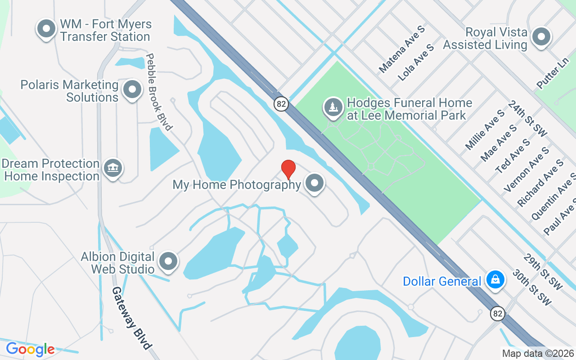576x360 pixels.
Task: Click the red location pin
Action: (x=288, y=169)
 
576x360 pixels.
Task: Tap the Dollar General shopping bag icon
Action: (x=495, y=280)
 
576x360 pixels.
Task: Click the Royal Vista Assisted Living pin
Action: (x=541, y=37)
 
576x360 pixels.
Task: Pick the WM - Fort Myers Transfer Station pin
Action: (x=45, y=29)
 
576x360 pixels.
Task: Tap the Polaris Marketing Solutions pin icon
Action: (x=132, y=90)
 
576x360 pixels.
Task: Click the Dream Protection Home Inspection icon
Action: (x=112, y=168)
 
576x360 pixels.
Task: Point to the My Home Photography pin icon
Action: (x=315, y=183)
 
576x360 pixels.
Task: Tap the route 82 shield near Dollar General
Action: (x=497, y=314)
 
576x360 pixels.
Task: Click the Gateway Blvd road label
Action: (x=131, y=318)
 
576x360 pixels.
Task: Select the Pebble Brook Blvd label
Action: (x=158, y=92)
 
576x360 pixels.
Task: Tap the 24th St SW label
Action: (x=527, y=118)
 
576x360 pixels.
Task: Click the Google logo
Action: (x=30, y=349)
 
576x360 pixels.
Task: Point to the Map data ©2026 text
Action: (x=538, y=354)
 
